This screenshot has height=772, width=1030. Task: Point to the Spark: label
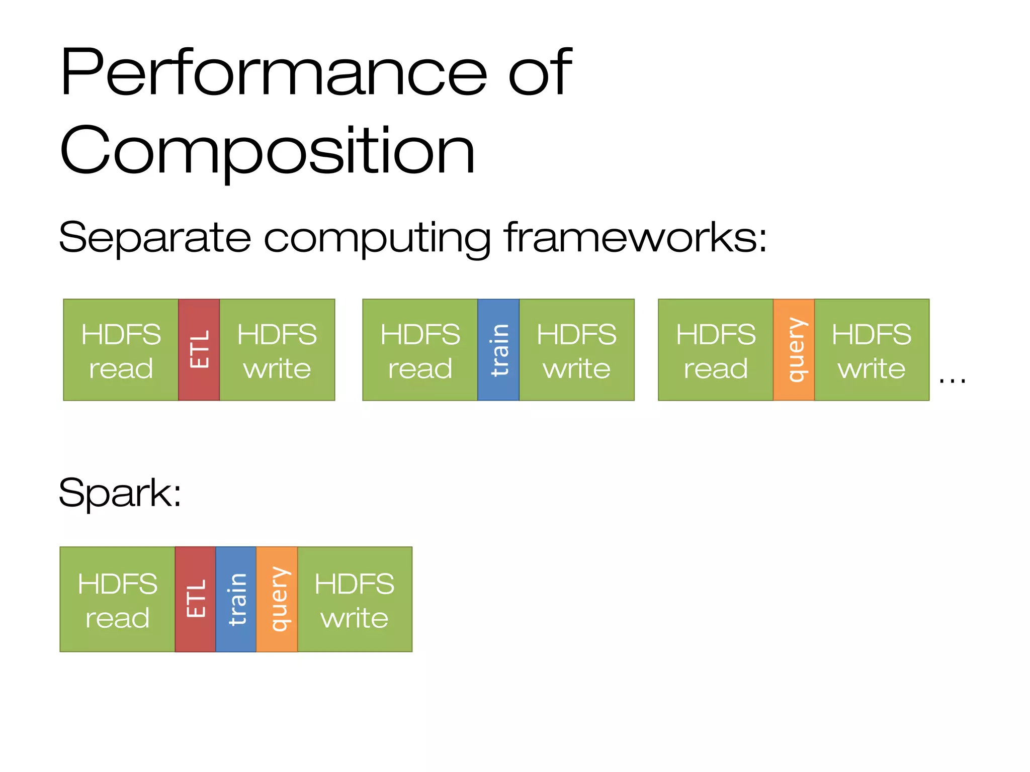pyautogui.click(x=120, y=493)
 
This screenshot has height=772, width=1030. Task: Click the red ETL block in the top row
pyautogui.click(x=199, y=350)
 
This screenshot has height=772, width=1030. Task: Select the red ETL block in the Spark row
pyautogui.click(x=196, y=599)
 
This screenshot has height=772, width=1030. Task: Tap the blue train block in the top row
pyautogui.click(x=498, y=350)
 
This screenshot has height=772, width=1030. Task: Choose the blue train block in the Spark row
pyautogui.click(x=236, y=599)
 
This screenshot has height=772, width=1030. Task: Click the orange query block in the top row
pyautogui.click(x=794, y=350)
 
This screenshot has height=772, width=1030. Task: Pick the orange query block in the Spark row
pyautogui.click(x=277, y=599)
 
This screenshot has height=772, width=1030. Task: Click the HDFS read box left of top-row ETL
pyautogui.click(x=121, y=350)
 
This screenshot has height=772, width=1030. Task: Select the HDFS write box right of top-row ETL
pyautogui.click(x=277, y=350)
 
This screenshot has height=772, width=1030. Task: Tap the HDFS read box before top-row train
pyautogui.click(x=420, y=350)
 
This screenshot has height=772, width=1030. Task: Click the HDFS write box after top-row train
pyautogui.click(x=576, y=350)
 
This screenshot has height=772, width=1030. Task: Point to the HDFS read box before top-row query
pyautogui.click(x=716, y=350)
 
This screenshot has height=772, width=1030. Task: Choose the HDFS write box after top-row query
pyautogui.click(x=872, y=350)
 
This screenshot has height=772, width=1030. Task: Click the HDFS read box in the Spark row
pyautogui.click(x=117, y=599)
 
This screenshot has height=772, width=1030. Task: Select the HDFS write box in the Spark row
pyautogui.click(x=355, y=599)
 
